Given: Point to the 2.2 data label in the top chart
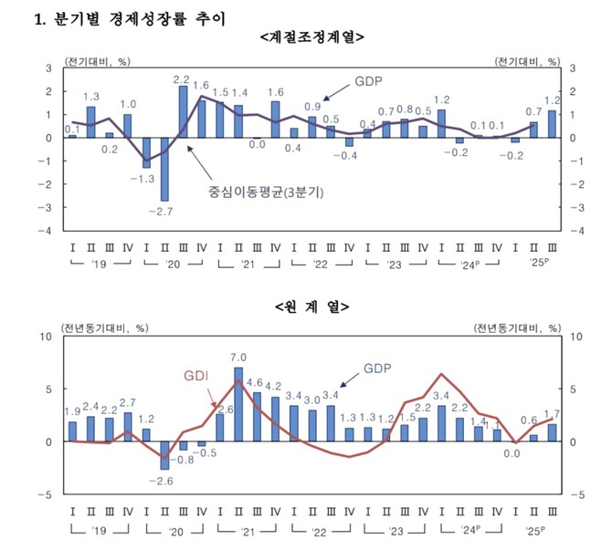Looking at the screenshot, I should pos(182,79).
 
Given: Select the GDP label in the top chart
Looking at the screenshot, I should pos(370,81).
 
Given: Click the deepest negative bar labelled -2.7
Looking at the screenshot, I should pos(164,169).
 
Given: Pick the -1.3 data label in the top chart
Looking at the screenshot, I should pos(145,179).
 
